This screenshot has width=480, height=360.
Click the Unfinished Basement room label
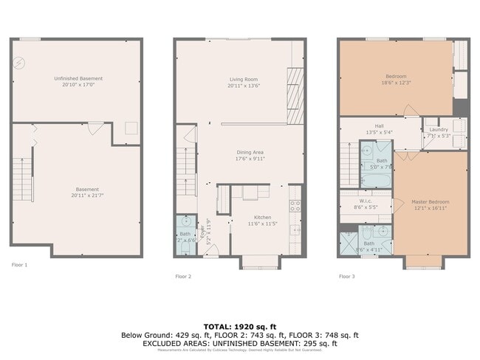pyautogui.click(x=78, y=78)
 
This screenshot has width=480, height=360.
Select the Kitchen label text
pyautogui.click(x=242, y=216)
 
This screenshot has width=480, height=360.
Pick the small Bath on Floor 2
pyautogui.click(x=185, y=236)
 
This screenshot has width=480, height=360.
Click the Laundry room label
pyautogui.click(x=439, y=130)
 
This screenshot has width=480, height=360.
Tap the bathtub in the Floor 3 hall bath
pyautogui.click(x=377, y=180)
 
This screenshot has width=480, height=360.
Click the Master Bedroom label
pyautogui.click(x=431, y=202)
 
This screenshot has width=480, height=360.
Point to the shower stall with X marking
pyautogui.click(x=348, y=243)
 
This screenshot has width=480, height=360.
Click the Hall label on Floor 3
pyautogui.click(x=379, y=126)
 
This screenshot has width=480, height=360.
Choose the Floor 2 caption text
pyautogui.click(x=183, y=277)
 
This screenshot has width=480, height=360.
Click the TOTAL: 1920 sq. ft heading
pyautogui.click(x=239, y=325)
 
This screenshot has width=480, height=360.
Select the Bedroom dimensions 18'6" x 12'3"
pyautogui.click(x=396, y=83)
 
